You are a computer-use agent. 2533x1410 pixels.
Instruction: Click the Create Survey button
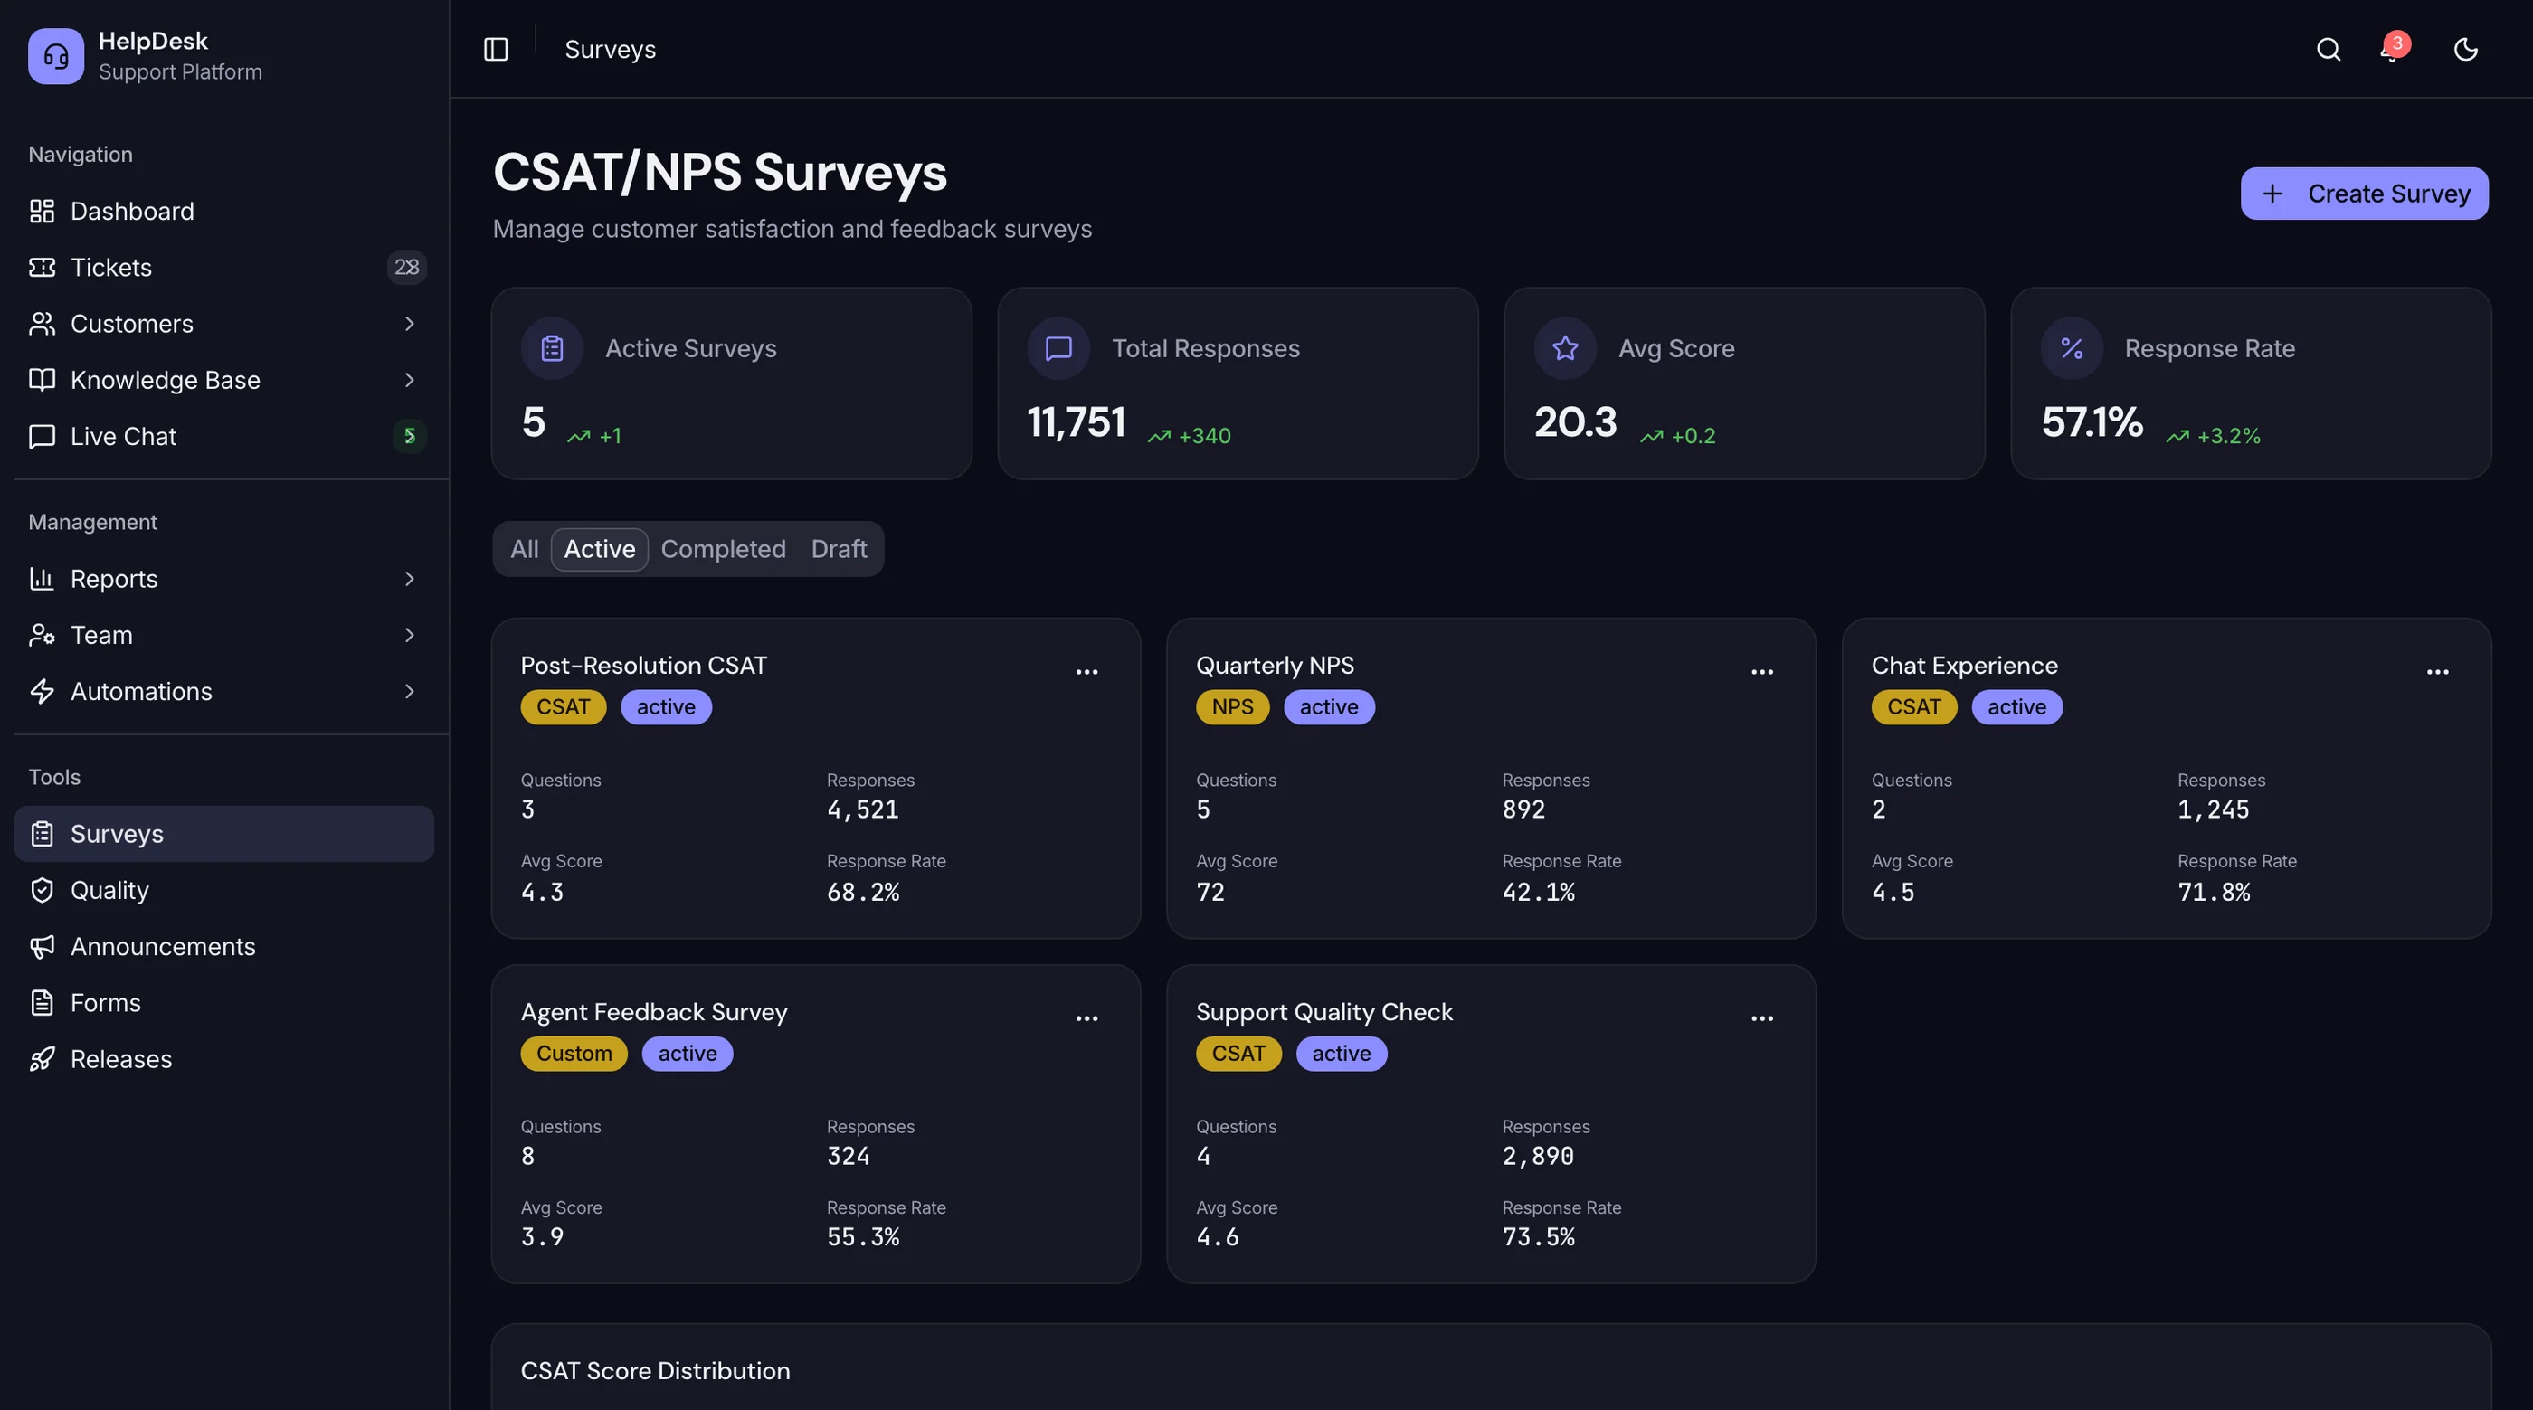[x=2364, y=194]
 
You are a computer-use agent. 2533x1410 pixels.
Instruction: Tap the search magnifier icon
[x=2328, y=49]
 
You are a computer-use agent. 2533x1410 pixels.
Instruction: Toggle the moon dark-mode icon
[x=2465, y=49]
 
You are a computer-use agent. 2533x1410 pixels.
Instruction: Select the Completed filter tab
[x=723, y=549]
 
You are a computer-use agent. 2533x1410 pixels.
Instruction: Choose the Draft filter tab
[x=839, y=549]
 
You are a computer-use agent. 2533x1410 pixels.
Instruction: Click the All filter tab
[x=524, y=549]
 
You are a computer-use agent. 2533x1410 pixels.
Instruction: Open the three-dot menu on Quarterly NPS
[x=1762, y=672]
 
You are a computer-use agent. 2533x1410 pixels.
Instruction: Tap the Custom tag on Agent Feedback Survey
[x=574, y=1053]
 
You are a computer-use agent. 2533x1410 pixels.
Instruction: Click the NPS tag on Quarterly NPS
[x=1232, y=707]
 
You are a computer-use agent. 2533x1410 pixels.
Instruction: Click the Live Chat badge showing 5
[x=409, y=436]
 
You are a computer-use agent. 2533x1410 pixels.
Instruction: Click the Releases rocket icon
[x=42, y=1059]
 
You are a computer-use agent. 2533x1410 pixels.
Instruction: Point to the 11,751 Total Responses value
[x=1076, y=422]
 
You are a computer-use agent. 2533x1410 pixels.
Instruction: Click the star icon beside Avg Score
[x=1565, y=348]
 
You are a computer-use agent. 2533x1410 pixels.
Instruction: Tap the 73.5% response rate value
[x=1538, y=1237]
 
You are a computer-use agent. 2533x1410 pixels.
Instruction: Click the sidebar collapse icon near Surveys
[x=496, y=49]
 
